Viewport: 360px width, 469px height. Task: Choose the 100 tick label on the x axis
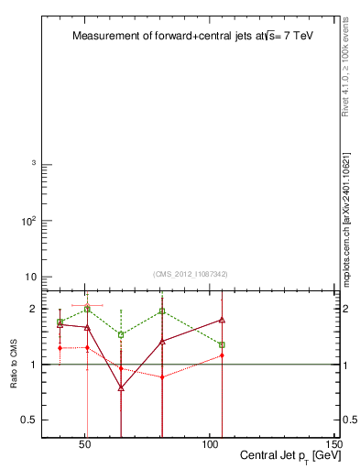coord(210,446)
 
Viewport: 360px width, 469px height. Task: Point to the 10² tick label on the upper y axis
coord(27,221)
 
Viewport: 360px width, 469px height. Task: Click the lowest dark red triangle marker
coord(121,388)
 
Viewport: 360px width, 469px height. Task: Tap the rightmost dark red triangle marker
coord(222,320)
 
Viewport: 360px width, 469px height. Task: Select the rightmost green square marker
coord(222,344)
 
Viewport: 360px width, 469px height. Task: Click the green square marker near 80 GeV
coord(162,311)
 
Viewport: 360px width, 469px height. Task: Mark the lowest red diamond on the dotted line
coord(162,377)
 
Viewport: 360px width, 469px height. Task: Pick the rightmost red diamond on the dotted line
coord(222,355)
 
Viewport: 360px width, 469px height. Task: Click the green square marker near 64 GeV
coord(121,335)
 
